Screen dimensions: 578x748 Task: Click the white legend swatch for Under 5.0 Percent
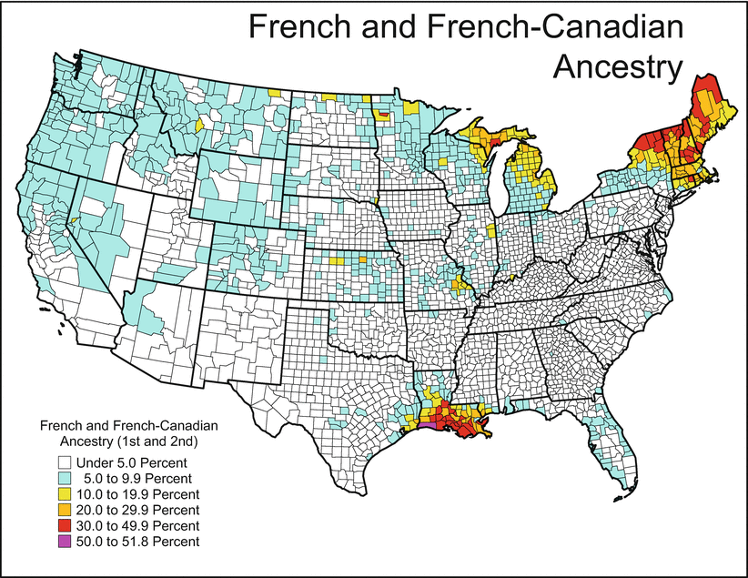63,461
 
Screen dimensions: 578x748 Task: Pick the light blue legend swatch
63,477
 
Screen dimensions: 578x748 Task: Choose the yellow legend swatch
63,493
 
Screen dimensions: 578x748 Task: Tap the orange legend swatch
63,509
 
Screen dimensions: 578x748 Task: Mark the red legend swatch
63,525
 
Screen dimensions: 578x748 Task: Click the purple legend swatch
63,541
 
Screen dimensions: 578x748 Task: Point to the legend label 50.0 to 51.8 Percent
137,542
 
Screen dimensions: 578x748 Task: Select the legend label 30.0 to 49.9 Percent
137,525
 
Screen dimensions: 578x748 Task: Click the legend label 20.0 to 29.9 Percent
137,510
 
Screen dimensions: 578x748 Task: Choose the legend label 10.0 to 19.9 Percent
137,493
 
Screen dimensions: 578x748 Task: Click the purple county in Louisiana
427,424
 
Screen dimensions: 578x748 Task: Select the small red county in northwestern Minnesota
383,115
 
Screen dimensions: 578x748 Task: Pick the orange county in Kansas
362,259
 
